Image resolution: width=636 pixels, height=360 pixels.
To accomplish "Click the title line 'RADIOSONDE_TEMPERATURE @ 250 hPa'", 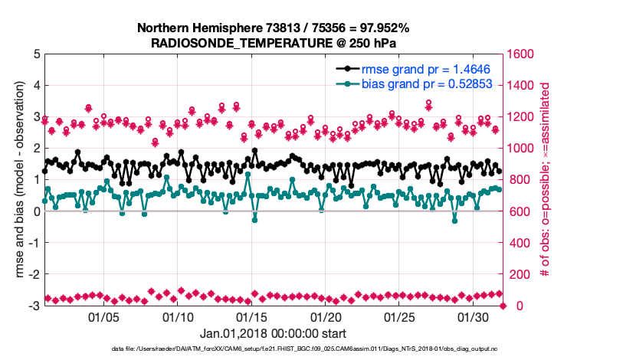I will point(273,43).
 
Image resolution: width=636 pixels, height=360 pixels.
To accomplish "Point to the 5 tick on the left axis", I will point(35,54).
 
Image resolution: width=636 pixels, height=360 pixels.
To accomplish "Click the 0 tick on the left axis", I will point(35,211).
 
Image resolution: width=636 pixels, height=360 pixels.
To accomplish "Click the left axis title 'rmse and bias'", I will point(18,180).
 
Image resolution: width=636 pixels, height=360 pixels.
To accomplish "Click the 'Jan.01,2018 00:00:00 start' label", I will point(273,333).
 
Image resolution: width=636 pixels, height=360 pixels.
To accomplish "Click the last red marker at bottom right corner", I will point(503,306).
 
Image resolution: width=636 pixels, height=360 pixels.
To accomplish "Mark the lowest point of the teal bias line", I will point(255,220).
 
